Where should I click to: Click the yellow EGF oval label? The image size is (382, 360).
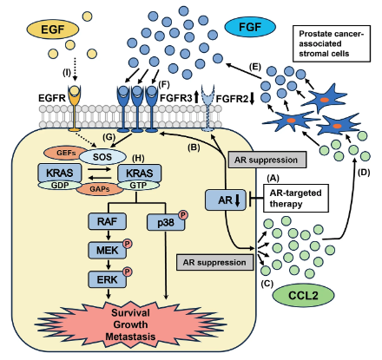[53, 29]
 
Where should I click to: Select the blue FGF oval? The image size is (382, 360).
[250, 27]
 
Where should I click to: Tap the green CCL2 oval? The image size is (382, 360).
[303, 296]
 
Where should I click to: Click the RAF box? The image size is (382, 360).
[107, 221]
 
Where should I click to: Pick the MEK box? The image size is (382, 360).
[107, 250]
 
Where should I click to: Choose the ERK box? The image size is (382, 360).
[107, 279]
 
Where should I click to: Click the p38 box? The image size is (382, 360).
[166, 222]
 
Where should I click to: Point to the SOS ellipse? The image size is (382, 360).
[102, 157]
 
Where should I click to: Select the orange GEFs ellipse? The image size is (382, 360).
[66, 153]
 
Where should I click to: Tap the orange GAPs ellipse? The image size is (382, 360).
[100, 189]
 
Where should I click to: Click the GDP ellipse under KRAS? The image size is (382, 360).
[60, 185]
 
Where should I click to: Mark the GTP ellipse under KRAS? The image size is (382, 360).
[138, 185]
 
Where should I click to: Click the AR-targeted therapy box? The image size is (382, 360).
[296, 198]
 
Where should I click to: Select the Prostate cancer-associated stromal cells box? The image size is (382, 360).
[332, 43]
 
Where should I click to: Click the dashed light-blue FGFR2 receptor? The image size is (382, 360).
[207, 108]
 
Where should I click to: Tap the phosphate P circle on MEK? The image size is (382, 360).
[128, 244]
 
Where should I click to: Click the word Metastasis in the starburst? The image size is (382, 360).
[130, 337]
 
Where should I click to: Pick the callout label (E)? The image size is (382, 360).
[255, 67]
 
